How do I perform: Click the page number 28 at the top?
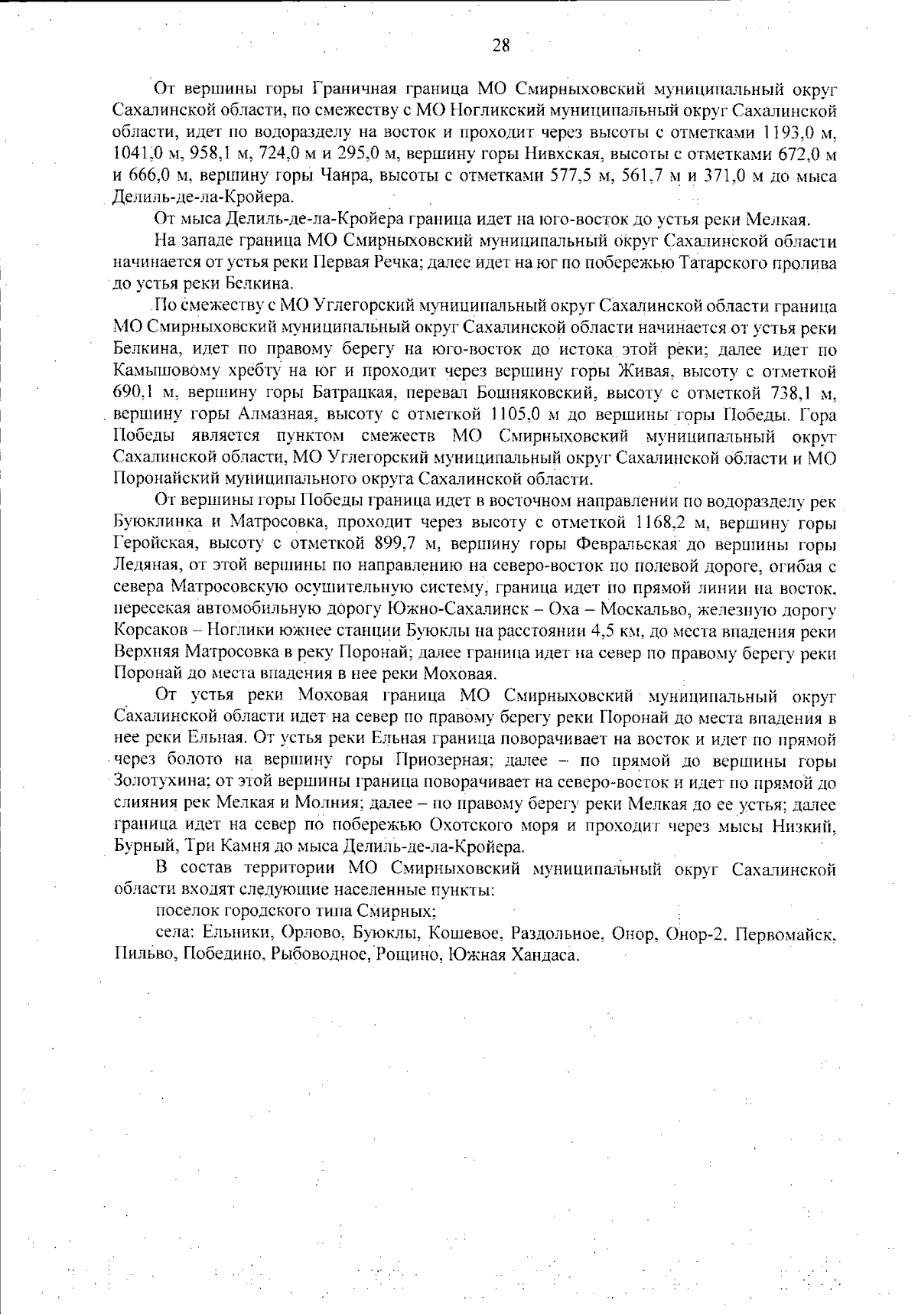[501, 45]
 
